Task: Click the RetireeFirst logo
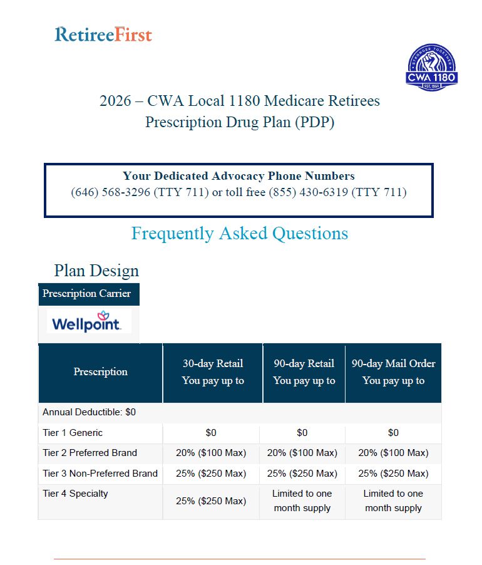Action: point(103,34)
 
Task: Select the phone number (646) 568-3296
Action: point(111,192)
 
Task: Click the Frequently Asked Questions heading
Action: point(240,234)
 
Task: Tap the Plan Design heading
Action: point(96,271)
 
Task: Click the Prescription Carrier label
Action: point(87,294)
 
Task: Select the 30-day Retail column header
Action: point(213,372)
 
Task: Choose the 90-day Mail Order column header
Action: point(393,372)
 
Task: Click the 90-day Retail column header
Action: point(304,372)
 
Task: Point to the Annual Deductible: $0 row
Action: point(90,412)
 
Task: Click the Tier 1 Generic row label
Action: point(73,433)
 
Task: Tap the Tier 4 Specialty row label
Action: point(75,494)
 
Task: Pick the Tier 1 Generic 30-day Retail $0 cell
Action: point(211,433)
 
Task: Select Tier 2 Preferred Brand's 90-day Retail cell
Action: point(302,453)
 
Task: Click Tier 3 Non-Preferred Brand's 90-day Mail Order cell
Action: point(393,474)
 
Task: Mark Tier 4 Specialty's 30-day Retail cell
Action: point(211,501)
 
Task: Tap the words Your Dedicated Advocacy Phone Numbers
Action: point(238,176)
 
